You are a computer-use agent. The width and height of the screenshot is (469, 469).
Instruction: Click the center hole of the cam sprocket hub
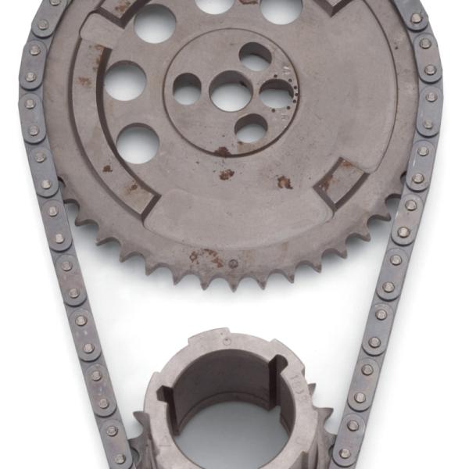pos(232,95)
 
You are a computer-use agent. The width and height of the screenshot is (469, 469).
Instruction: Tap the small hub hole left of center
pos(188,88)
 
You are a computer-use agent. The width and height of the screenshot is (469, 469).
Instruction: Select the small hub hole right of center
pos(276,95)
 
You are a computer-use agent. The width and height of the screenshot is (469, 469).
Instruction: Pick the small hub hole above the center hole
pos(256,57)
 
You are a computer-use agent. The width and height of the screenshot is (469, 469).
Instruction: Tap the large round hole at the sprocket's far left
pos(125,81)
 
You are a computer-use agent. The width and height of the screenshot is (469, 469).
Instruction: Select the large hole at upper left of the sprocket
pos(154,23)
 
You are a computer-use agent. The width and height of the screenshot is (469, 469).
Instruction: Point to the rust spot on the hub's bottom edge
pos(223,152)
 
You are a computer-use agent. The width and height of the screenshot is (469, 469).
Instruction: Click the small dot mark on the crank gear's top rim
pos(227,341)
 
